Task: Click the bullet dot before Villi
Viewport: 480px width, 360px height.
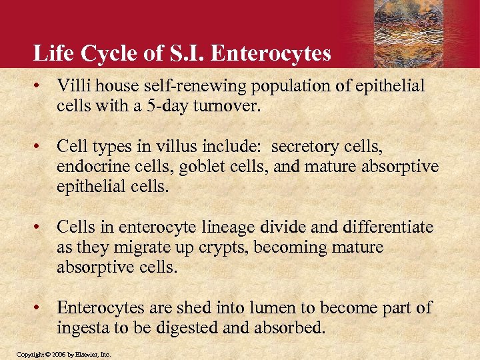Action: (41, 87)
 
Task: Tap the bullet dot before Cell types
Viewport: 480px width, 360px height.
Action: (41, 146)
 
